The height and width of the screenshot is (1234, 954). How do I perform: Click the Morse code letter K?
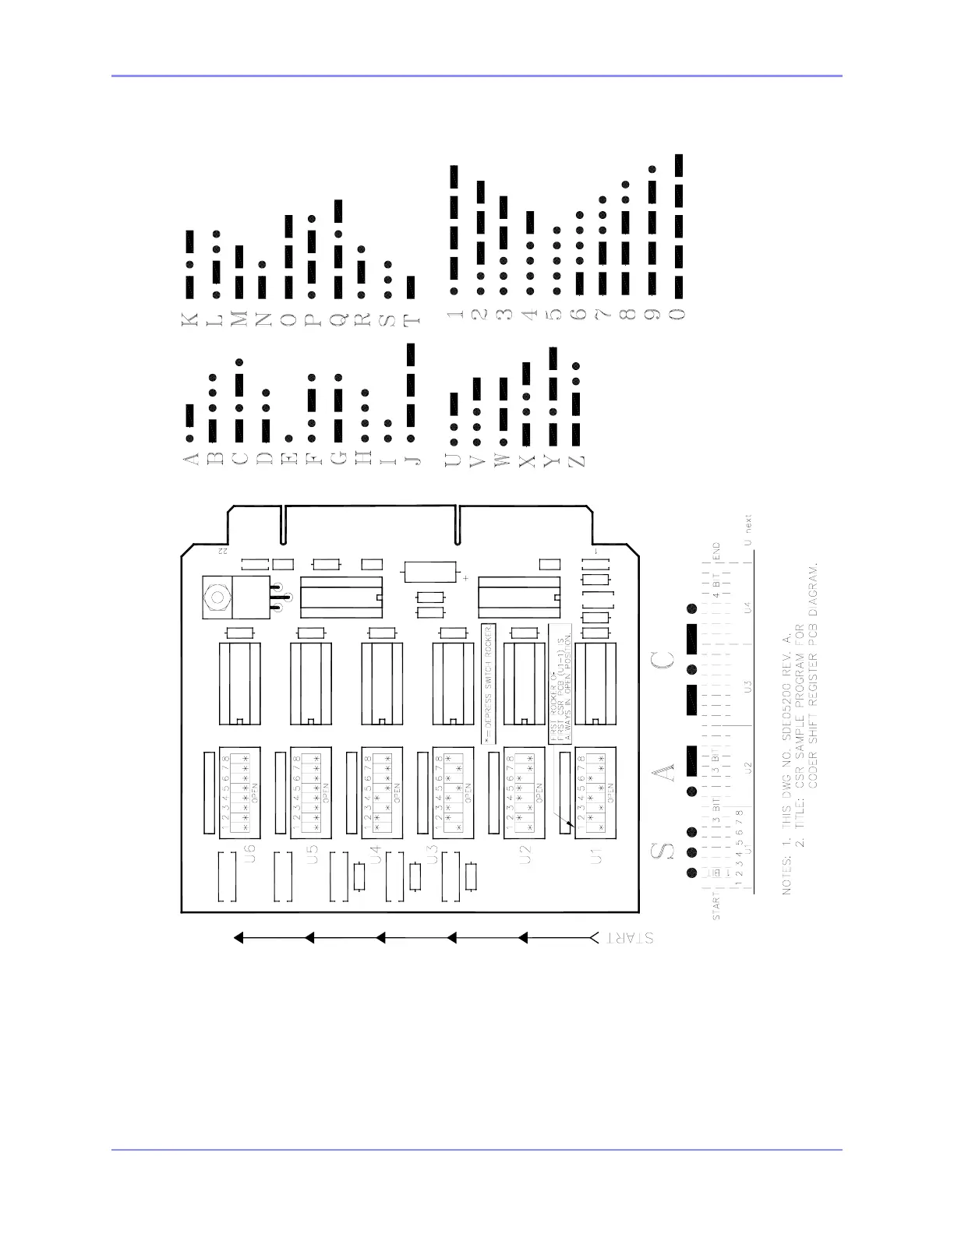pyautogui.click(x=189, y=318)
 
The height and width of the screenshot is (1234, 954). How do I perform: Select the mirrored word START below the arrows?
pyautogui.click(x=626, y=938)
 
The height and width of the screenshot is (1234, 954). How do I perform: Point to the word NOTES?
pyautogui.click(x=787, y=874)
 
